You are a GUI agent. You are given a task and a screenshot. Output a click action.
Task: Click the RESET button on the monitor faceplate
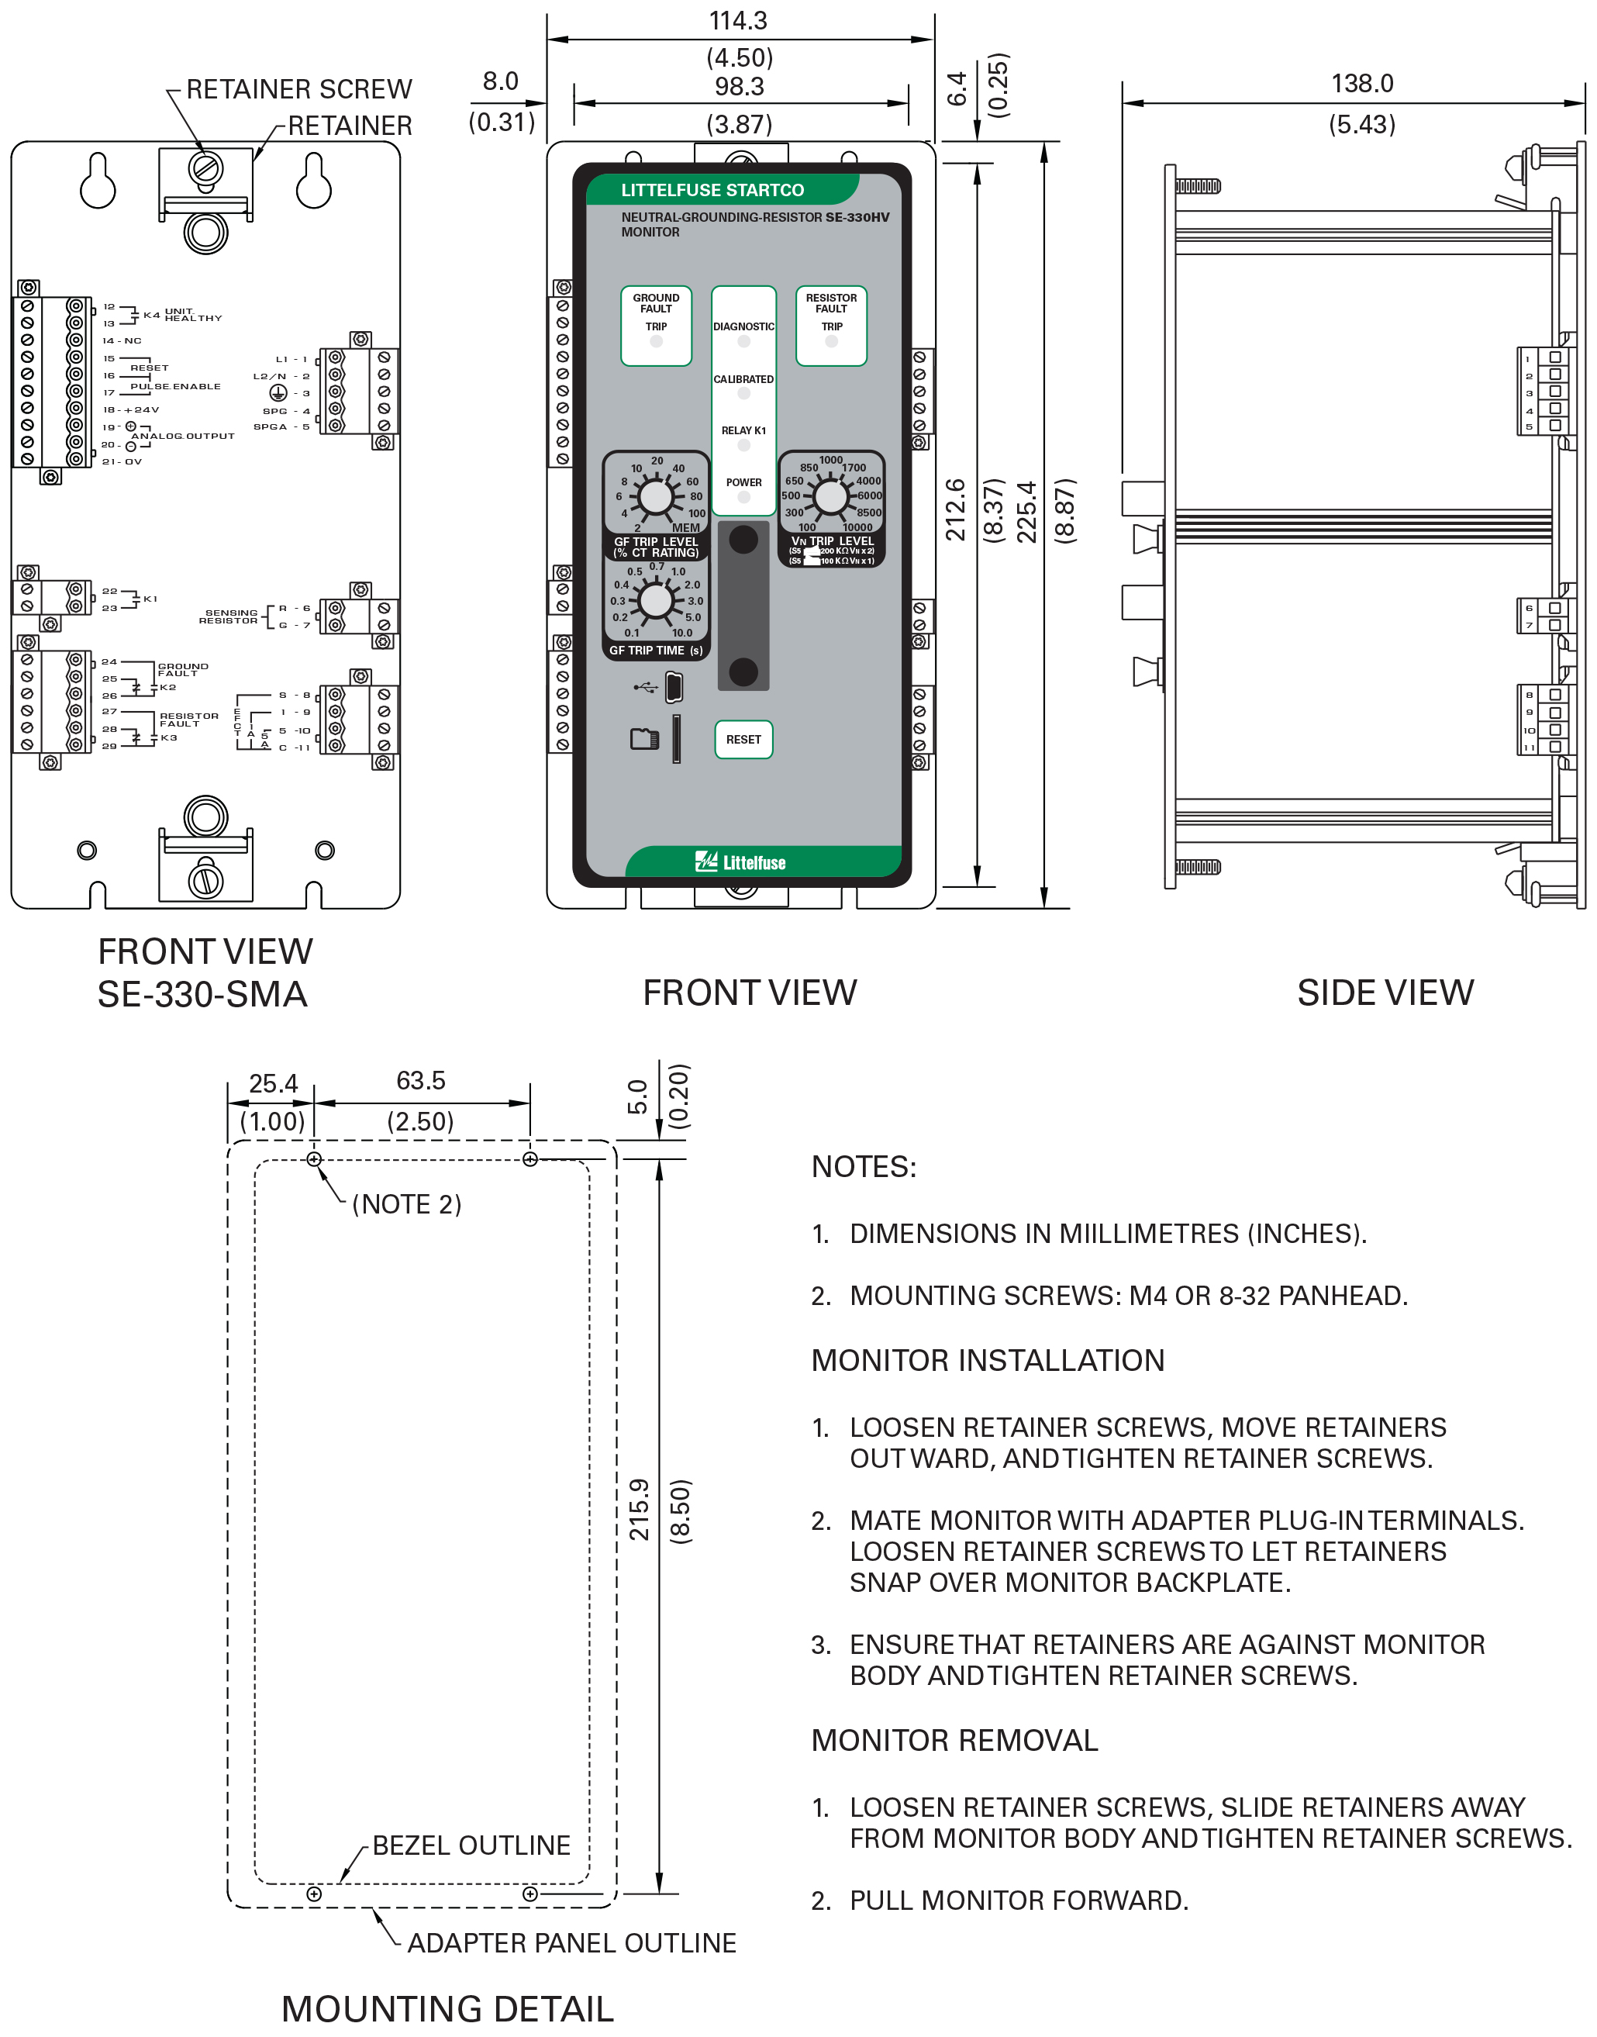(743, 739)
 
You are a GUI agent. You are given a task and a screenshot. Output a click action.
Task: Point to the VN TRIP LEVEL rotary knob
(830, 496)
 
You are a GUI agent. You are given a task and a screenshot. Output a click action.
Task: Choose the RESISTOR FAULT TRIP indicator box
(830, 325)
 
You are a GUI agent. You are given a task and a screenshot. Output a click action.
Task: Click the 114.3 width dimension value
(738, 21)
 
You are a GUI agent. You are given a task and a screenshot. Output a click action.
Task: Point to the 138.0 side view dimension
(1361, 83)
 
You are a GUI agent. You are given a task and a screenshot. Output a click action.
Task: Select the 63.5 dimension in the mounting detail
(421, 1080)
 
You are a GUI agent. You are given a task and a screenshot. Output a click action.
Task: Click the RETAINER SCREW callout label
(298, 89)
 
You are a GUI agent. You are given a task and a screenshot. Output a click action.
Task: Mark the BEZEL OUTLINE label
(471, 1845)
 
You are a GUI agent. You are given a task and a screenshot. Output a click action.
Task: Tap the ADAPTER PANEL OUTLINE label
(571, 1942)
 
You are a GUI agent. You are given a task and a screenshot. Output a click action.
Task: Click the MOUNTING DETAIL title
(447, 2008)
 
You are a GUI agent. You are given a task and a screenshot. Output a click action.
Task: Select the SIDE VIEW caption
(1385, 993)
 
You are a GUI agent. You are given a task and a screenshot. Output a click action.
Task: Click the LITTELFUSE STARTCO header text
(712, 190)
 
